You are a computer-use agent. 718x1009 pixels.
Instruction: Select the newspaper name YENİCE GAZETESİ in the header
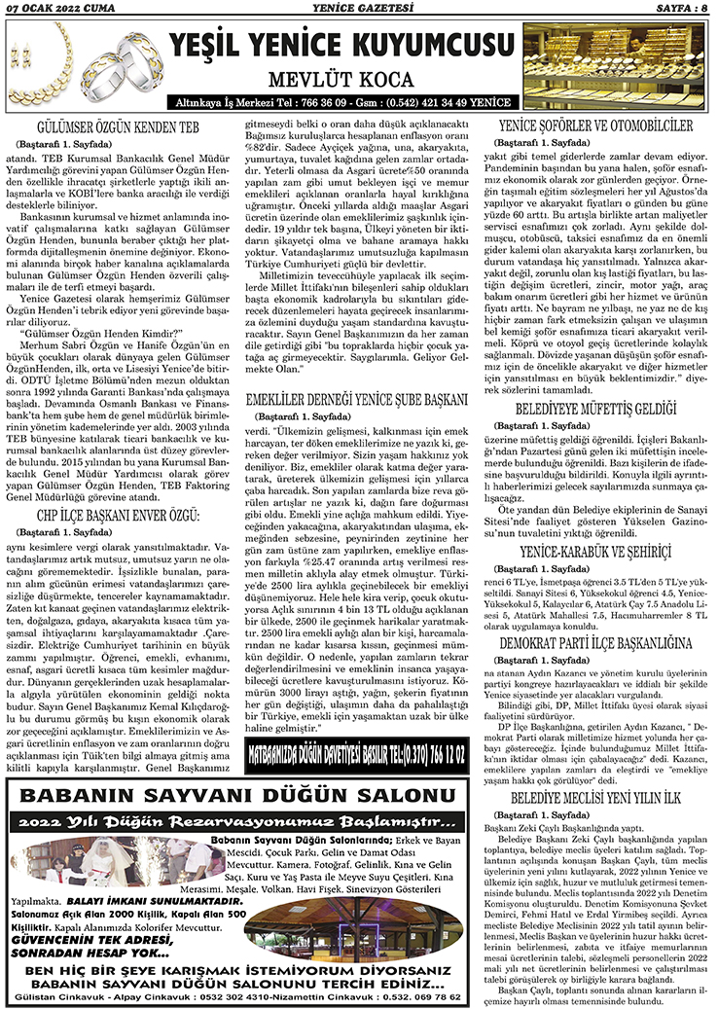pyautogui.click(x=359, y=9)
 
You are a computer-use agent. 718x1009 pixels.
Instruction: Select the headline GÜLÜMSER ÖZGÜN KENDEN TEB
pyautogui.click(x=120, y=127)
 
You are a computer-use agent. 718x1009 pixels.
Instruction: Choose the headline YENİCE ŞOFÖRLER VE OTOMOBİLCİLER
pyautogui.click(x=595, y=126)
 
